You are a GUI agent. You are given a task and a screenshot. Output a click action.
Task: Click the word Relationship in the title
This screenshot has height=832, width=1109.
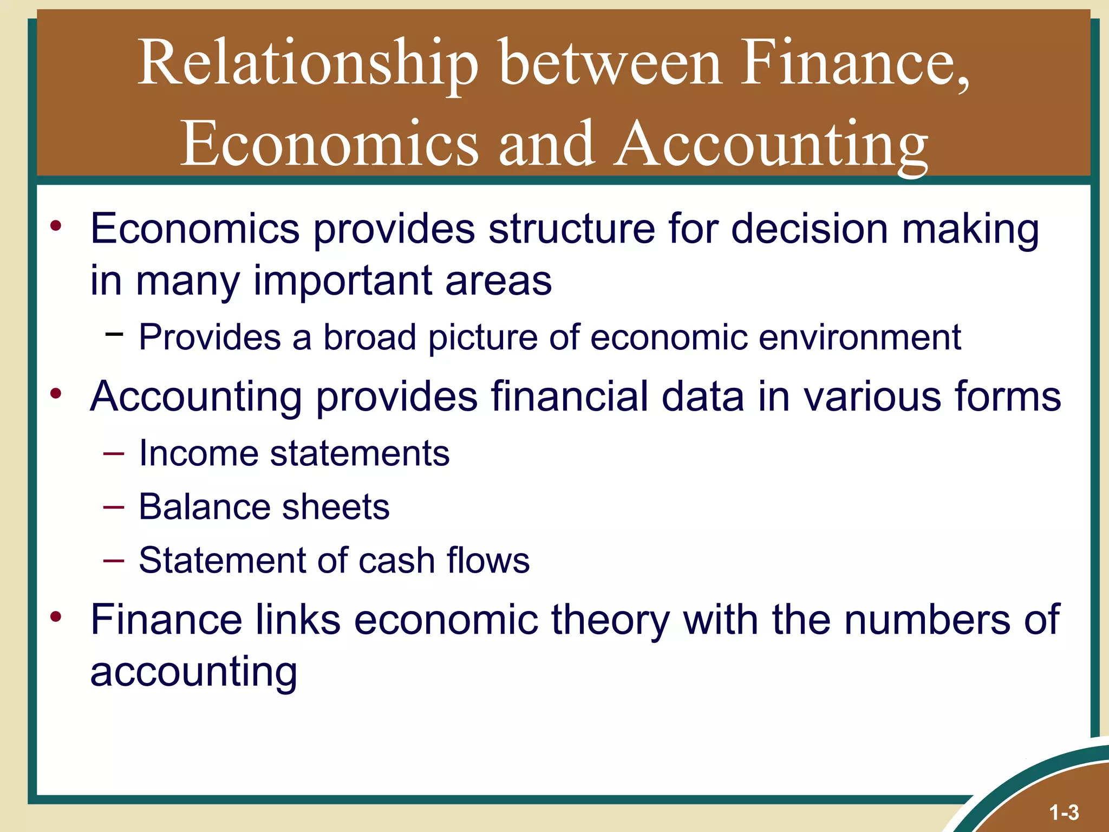pos(308,64)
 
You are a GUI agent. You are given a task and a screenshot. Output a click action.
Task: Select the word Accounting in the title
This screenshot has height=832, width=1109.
pos(771,144)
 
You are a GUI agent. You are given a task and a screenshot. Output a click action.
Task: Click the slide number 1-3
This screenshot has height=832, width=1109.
pos(1064,812)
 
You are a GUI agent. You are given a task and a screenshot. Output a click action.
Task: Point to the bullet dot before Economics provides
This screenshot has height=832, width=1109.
pos(56,226)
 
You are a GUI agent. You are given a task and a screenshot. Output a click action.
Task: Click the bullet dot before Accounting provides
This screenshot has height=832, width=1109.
pos(56,394)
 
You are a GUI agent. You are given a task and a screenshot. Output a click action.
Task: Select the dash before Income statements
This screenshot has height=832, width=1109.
pos(114,453)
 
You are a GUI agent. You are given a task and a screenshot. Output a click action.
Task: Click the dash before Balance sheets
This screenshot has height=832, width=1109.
pos(114,507)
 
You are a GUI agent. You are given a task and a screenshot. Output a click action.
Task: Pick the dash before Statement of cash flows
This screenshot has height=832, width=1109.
pos(114,560)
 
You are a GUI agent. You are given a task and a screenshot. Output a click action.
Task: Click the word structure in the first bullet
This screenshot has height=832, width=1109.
pos(571,229)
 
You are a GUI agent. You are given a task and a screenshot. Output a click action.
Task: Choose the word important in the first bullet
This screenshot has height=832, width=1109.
pos(342,282)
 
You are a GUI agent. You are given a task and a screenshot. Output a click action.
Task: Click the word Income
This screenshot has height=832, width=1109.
pos(198,453)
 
